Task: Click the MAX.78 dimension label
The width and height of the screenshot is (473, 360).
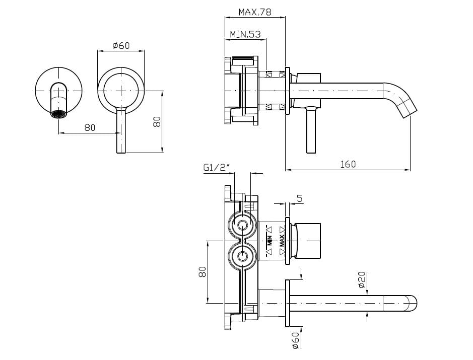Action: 255,12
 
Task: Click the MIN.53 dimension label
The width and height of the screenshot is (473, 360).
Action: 245,35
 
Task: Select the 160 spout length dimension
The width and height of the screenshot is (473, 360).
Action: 348,164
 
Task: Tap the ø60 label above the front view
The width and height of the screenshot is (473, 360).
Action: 121,46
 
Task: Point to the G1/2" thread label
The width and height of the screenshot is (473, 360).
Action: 216,168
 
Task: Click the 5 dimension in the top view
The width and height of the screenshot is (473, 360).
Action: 299,199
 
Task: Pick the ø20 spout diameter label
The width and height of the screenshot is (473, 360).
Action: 362,279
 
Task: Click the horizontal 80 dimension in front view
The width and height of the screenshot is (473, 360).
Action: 90,127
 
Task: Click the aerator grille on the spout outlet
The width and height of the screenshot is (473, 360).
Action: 59,114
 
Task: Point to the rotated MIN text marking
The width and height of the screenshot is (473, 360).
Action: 269,241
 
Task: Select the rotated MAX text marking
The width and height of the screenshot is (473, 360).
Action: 282,241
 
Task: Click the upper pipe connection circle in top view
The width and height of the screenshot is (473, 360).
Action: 243,225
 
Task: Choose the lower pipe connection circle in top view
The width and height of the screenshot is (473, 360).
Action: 243,257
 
